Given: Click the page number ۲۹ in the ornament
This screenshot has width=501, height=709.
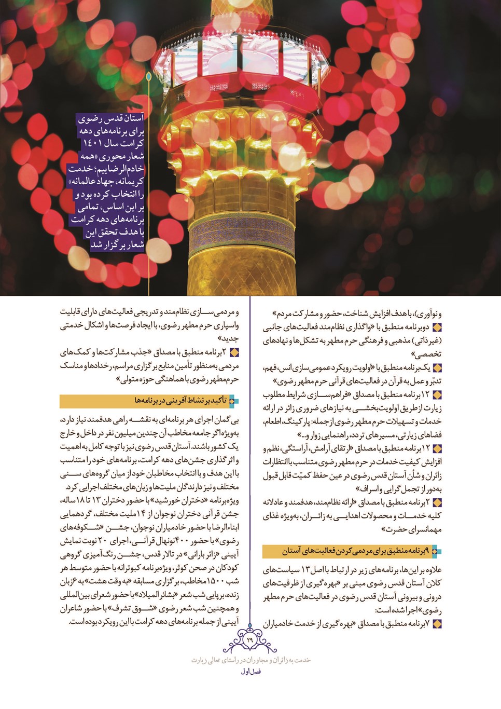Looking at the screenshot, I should (250, 640).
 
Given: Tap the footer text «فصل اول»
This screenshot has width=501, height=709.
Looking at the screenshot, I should (251, 671).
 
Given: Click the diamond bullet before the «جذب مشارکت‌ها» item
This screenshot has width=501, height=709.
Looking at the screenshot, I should (234, 352).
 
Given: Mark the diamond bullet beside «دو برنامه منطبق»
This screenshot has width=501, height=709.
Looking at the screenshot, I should (437, 328).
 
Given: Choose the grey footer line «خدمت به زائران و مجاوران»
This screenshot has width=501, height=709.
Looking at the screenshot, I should (251, 660).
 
